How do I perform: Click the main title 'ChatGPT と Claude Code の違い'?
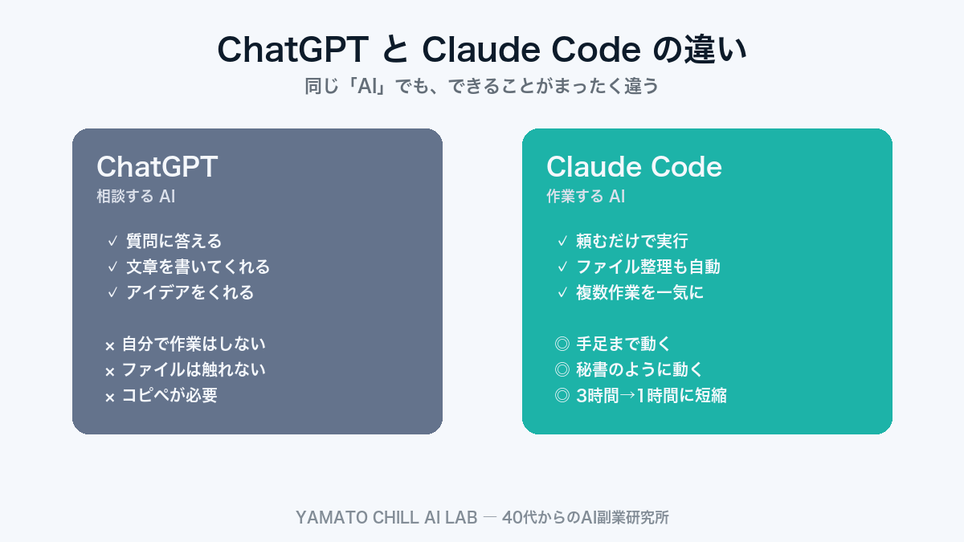482,50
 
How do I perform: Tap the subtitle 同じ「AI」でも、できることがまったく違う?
482,86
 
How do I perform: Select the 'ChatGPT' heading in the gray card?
157,167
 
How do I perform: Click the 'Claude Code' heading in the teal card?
634,167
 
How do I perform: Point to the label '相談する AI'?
136,196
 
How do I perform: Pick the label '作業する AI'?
586,196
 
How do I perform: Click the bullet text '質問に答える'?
174,241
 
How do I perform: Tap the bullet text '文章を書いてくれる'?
198,267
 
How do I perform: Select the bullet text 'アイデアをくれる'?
190,292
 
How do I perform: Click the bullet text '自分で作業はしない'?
194,344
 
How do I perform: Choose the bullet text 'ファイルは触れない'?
194,370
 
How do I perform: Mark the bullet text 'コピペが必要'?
170,396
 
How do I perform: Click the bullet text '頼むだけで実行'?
632,241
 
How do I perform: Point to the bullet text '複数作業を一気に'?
640,292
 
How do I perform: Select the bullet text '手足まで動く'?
623,344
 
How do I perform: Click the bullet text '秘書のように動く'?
639,370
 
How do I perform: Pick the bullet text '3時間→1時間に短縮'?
652,396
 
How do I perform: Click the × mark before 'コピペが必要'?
110,397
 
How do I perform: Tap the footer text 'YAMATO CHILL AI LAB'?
386,518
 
